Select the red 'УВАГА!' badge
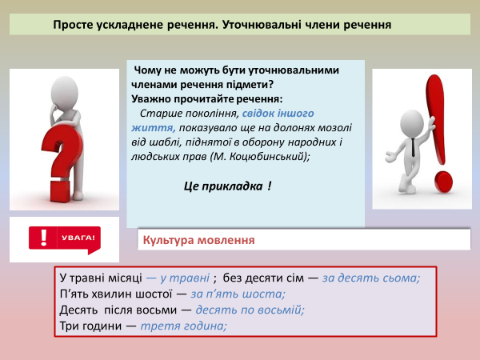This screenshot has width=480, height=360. click(x=65, y=238)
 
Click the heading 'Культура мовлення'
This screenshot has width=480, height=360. click(x=198, y=239)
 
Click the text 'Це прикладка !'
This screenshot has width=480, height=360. click(x=227, y=186)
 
